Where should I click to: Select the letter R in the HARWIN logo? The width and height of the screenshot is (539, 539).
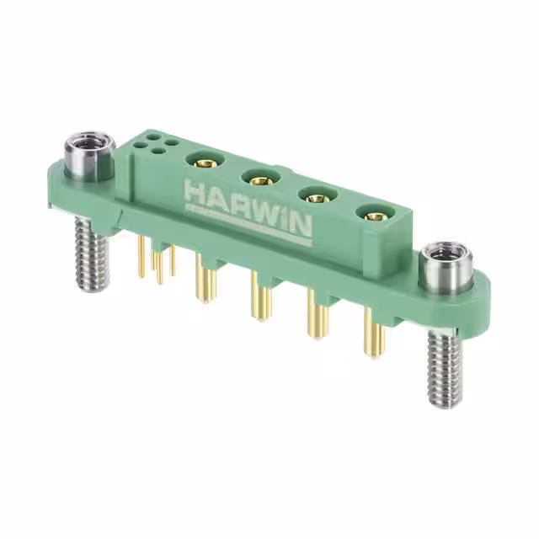(237, 203)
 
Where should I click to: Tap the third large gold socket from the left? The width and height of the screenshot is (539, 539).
(315, 196)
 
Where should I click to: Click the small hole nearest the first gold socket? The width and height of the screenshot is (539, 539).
(171, 142)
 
